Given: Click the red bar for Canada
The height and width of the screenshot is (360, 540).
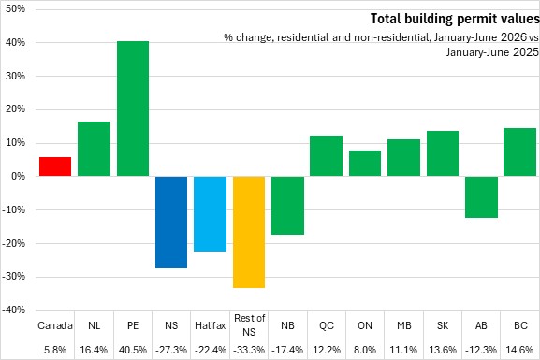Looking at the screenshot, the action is tap(55, 166).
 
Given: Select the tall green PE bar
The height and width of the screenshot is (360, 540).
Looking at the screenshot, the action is tap(133, 108).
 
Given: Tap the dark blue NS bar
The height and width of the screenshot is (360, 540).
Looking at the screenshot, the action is tap(171, 222).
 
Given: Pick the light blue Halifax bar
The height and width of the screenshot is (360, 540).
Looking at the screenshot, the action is tap(210, 214).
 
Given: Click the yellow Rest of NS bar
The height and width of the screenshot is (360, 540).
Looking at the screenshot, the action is tap(249, 232).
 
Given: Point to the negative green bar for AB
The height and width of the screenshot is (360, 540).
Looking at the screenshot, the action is tap(481, 197).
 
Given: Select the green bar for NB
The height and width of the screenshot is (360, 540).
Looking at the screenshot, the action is tap(287, 206).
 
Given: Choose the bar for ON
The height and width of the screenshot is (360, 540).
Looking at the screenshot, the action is tap(365, 164).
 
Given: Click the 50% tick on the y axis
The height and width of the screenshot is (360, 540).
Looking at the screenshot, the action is tap(16, 9).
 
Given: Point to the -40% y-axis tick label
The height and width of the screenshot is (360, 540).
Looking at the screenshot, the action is tap(14, 310).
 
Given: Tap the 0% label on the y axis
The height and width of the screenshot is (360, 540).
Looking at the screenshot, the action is tap(19, 176).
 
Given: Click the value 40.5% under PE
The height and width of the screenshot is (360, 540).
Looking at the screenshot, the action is tap(133, 350).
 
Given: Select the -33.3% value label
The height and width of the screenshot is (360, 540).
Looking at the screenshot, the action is tap(249, 350).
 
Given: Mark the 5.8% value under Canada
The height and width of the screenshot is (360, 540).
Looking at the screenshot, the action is tap(55, 350).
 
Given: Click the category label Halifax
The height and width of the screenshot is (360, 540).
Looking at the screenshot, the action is tap(210, 325).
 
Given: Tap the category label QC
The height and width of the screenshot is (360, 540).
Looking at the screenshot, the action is tap(327, 325).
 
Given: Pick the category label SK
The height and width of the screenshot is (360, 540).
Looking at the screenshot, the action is tap(443, 325).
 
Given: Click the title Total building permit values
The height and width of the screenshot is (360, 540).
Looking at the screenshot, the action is tap(455, 19).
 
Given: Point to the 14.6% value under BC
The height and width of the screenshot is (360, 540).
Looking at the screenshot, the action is tap(519, 350).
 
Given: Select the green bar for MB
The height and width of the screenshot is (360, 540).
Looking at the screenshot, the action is tap(403, 158).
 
